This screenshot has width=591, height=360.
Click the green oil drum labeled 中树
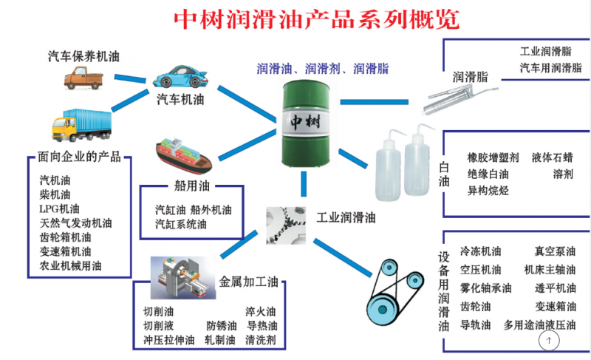306,123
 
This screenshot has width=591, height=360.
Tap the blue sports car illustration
180,77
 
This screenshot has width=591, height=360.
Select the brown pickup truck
83,78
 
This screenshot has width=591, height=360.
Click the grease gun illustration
460,99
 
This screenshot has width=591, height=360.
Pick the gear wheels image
286,225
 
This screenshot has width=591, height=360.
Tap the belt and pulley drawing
395,292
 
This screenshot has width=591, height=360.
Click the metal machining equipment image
183,278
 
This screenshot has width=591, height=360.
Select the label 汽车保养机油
83,56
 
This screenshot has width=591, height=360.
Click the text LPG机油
59,209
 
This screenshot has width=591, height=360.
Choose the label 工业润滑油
346,217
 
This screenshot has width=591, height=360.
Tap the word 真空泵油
555,251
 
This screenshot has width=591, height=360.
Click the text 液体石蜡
552,157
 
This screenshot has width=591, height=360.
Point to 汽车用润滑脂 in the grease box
550,68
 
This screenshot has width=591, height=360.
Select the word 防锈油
221,326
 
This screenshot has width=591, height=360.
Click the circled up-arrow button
549,340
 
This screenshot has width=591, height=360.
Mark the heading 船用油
192,186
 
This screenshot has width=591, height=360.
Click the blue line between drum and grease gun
374,102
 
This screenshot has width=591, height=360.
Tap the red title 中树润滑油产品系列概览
317,19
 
